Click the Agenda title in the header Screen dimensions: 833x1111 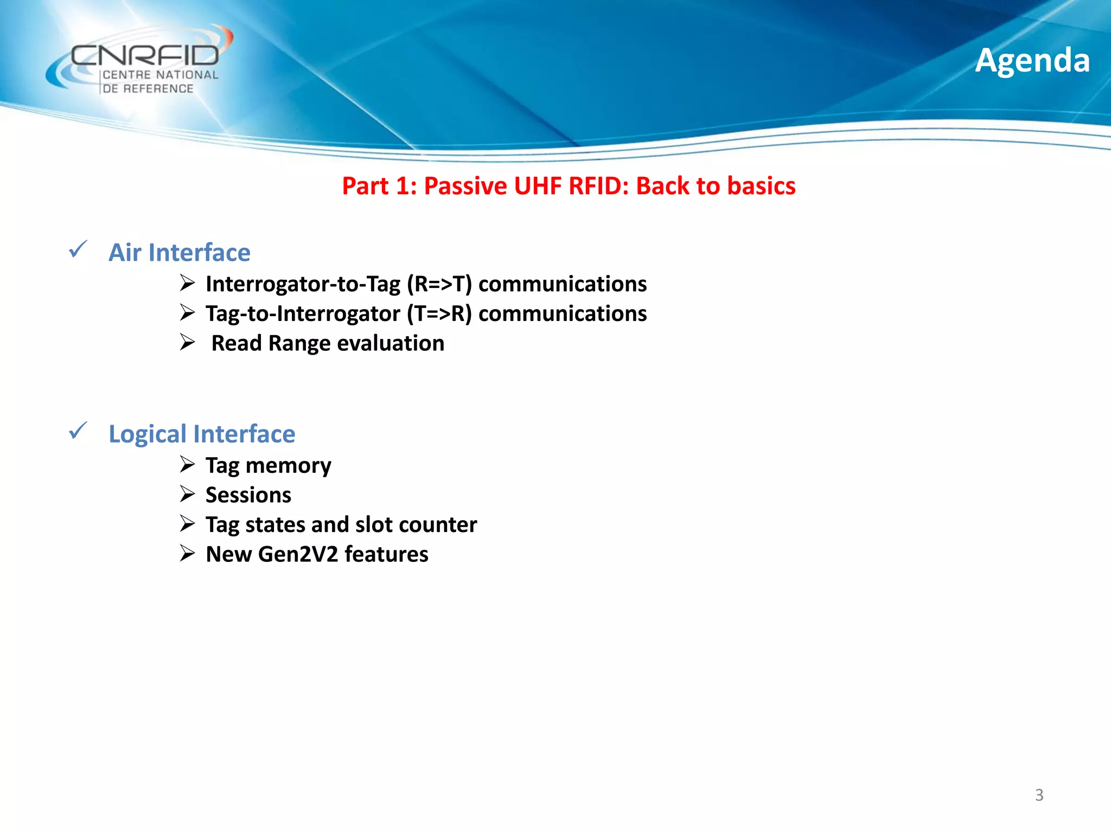coord(1032,60)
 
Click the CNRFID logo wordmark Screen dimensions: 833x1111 coord(145,55)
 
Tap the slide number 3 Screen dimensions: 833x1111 coord(1039,795)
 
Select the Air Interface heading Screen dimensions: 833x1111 coord(180,253)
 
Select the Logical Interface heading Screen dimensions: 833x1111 coord(202,434)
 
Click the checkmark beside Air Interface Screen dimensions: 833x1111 coord(78,249)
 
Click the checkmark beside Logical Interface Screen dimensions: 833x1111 coord(78,431)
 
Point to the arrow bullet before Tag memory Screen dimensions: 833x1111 coord(188,464)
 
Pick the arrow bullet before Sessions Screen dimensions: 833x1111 coord(188,494)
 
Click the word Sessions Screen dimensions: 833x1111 coord(248,495)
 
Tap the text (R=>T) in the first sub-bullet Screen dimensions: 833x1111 coord(439,284)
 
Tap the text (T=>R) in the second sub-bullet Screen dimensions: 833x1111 coord(439,314)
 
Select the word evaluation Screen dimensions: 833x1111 coord(391,343)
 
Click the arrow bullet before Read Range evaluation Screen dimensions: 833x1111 coord(188,342)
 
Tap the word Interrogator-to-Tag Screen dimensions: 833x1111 coord(303,284)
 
